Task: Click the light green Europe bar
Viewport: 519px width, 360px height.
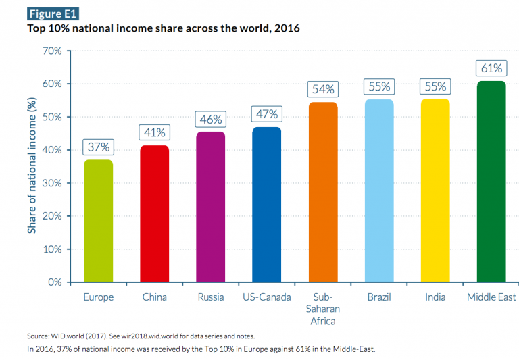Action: [x=98, y=221]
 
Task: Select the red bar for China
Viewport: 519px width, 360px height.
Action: [x=154, y=213]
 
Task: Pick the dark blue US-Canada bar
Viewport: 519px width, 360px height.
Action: [x=266, y=204]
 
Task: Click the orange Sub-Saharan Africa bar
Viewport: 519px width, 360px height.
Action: [x=322, y=192]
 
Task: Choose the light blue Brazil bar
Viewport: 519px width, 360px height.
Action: [x=378, y=190]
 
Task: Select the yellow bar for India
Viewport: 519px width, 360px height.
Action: [x=435, y=190]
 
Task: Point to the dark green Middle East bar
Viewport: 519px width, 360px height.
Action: [x=491, y=181]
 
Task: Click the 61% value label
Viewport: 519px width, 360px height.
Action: [x=491, y=68]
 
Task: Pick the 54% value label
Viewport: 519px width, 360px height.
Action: [x=322, y=89]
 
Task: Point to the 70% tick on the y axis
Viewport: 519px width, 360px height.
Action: [x=51, y=51]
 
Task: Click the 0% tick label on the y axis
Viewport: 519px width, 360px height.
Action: [x=54, y=282]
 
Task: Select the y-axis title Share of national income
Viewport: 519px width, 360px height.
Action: [x=32, y=166]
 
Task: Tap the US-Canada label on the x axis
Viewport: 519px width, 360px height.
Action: [x=266, y=297]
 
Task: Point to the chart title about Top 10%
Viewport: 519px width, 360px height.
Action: [x=163, y=29]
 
